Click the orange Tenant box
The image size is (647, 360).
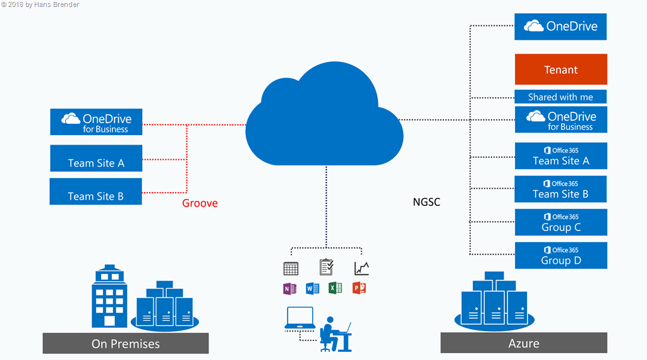(x=561, y=69)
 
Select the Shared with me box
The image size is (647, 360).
(x=561, y=97)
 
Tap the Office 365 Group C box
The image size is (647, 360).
(x=561, y=222)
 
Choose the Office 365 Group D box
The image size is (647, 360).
(x=561, y=255)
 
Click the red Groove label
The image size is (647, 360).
(x=200, y=203)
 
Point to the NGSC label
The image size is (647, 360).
(x=426, y=202)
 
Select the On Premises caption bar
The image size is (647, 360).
(x=126, y=344)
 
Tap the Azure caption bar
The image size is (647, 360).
(x=524, y=343)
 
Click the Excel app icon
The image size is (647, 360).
(x=336, y=288)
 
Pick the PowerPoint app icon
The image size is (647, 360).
(x=360, y=288)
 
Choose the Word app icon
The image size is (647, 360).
(x=313, y=288)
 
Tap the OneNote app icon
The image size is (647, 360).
(x=290, y=288)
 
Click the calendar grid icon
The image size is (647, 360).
(x=291, y=268)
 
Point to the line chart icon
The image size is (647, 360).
(x=361, y=268)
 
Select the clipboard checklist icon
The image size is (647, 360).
(x=327, y=267)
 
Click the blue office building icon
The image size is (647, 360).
(x=109, y=297)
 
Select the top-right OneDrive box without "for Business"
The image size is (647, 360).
(x=561, y=27)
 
